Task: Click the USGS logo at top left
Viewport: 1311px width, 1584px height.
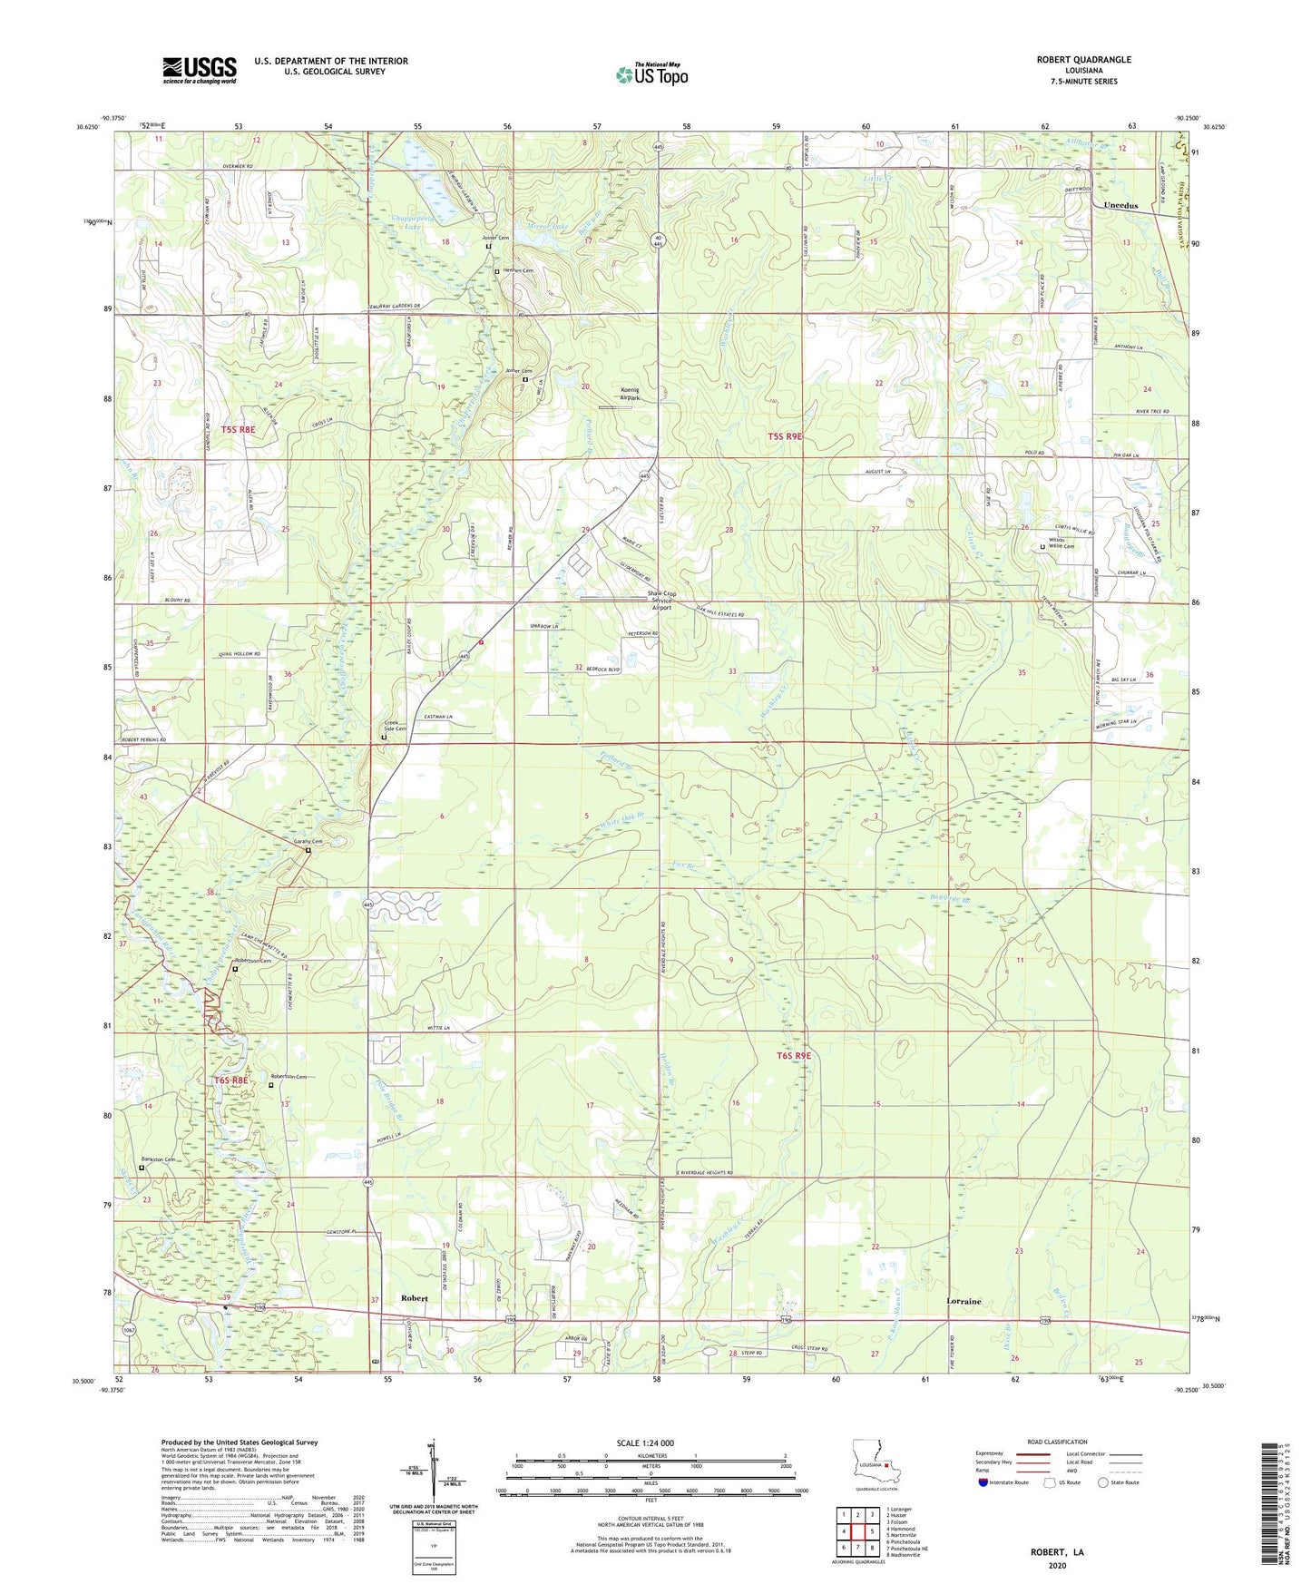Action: point(200,70)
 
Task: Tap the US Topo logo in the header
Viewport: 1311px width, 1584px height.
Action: point(651,74)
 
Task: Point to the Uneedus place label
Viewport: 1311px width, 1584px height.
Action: point(1120,206)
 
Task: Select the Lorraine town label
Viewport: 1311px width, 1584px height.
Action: point(964,1301)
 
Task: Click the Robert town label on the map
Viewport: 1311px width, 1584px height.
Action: point(415,1298)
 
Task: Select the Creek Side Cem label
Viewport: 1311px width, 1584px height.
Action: point(396,727)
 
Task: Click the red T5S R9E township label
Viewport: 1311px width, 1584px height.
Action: point(785,436)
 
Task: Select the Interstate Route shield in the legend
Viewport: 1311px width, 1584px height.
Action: point(983,1482)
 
